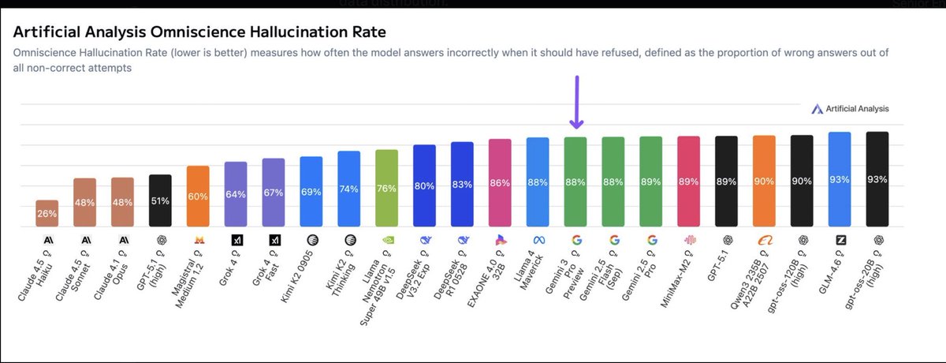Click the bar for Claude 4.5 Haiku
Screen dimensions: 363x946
click(47, 213)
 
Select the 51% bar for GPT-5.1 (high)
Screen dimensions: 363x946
click(160, 200)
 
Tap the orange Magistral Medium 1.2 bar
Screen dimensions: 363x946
click(198, 196)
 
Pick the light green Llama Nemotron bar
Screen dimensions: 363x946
click(386, 187)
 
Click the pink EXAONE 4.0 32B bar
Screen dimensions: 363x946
click(500, 182)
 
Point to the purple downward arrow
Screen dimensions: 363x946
click(576, 103)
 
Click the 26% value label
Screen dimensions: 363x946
click(47, 213)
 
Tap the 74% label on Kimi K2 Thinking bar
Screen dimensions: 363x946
click(348, 189)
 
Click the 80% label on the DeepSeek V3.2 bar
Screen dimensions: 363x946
click(424, 186)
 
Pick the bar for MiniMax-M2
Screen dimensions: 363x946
click(688, 181)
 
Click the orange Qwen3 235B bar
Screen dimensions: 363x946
click(764, 181)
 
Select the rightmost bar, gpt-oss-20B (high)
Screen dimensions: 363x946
click(877, 179)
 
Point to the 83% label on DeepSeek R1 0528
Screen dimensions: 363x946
click(462, 185)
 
